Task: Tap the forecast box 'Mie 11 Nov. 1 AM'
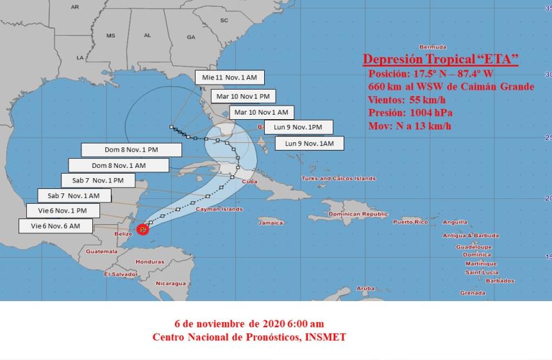230,78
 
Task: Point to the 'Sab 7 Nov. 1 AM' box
74,195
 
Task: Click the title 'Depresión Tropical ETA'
440,60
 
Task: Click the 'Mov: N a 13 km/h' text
410,126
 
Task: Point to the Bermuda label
431,47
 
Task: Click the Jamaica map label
271,223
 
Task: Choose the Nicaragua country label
171,282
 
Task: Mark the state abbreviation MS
110,35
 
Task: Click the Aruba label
365,288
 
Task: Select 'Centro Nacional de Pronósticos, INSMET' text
249,336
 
